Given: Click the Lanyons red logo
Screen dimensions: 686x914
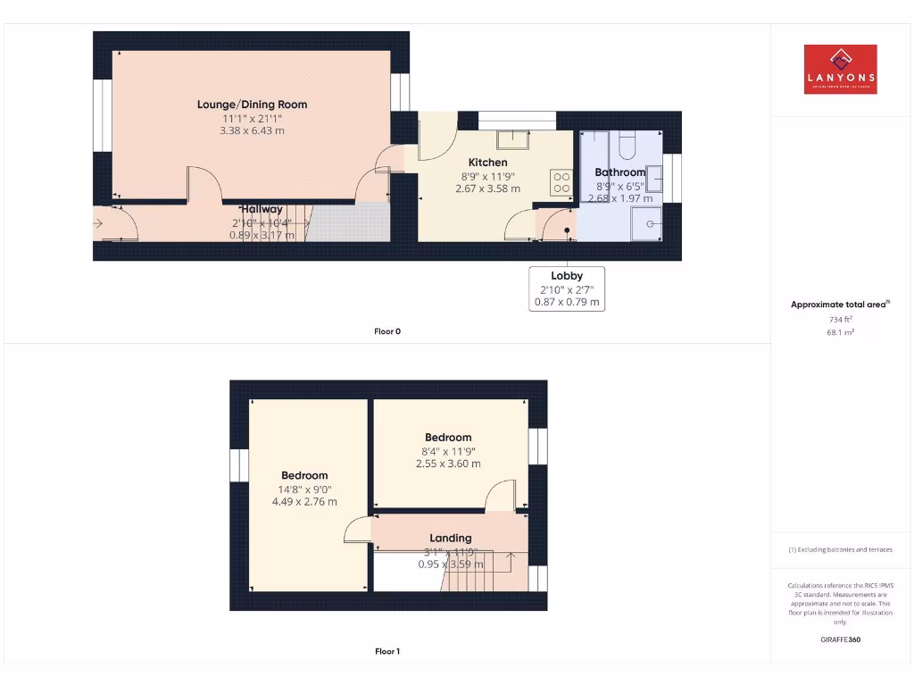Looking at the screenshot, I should coord(840,70).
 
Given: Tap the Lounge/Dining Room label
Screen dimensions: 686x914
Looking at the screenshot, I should coord(252,105).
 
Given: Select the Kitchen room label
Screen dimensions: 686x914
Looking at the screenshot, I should coord(488,163).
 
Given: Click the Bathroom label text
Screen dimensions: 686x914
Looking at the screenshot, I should coord(619,172).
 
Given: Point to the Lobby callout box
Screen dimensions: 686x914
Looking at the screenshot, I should coord(567,289).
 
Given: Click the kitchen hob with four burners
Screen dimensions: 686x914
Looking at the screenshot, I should coord(561,182).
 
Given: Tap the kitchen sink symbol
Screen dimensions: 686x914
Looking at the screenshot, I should coord(513,139).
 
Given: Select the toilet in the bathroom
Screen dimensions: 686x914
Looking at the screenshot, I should coord(626,146).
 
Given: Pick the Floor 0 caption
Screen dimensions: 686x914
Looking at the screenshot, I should coord(387,331).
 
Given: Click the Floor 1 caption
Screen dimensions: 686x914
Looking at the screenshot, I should coord(387,651).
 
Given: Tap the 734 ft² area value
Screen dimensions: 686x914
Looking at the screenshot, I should coord(840,318).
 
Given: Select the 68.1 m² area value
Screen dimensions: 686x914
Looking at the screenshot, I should coord(840,332).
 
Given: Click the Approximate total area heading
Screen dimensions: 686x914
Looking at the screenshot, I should coord(839,305).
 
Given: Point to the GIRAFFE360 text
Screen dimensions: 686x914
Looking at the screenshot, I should coord(840,640).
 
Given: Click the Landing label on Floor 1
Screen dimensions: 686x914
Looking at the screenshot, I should coord(450,538).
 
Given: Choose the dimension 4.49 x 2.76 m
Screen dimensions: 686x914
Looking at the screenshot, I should coord(304,501).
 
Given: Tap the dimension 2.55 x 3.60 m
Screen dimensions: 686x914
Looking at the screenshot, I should coord(448,464).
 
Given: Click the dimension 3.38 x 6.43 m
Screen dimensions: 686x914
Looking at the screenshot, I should coord(252,130).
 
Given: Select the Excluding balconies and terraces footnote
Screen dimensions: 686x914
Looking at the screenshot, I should coord(840,549).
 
